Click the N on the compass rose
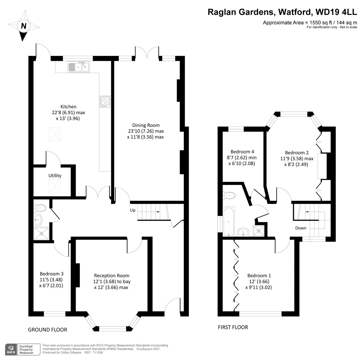click(x=24, y=26)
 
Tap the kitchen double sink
click(x=78, y=67)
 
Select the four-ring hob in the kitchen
click(x=105, y=102)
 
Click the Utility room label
click(x=55, y=176)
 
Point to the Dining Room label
click(x=146, y=125)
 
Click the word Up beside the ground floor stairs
click(x=133, y=210)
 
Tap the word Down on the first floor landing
click(x=301, y=228)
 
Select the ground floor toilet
click(x=40, y=208)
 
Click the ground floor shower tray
click(x=42, y=233)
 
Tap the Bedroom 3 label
click(x=51, y=274)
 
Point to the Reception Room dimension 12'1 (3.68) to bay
click(x=112, y=281)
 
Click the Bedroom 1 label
click(x=259, y=275)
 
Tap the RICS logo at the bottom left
click(x=11, y=349)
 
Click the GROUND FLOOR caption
click(x=48, y=330)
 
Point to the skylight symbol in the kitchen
click(x=55, y=134)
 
